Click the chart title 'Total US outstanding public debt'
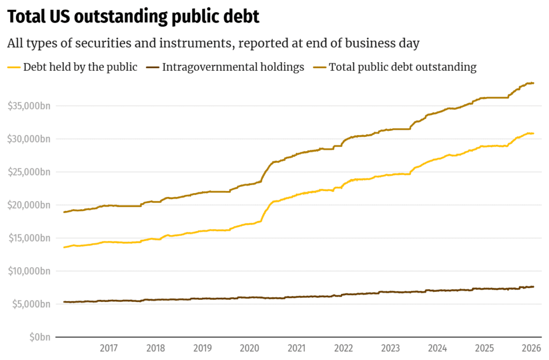tap(133, 17)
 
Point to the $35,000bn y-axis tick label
tap(29, 106)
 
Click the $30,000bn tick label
tap(29, 139)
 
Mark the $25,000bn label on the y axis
tap(29, 172)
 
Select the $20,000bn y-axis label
tap(29, 205)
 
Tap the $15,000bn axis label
tap(29, 238)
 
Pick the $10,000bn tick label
tap(29, 271)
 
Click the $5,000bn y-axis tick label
tap(31, 304)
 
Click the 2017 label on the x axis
tap(109, 348)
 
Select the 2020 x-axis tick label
tap(250, 348)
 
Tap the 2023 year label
tap(391, 348)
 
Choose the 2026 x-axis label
tap(531, 348)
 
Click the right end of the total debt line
tap(533, 83)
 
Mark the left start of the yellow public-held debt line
tap(64, 247)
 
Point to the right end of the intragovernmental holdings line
tap(533, 286)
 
